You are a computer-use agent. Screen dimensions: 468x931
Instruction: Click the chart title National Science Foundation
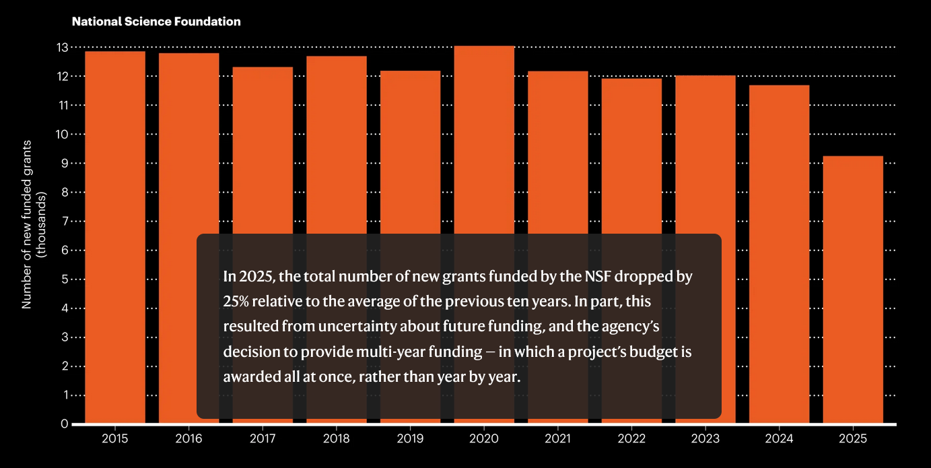point(156,22)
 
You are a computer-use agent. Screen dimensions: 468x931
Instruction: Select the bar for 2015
point(115,236)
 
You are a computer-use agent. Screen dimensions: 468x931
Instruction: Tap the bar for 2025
point(853,290)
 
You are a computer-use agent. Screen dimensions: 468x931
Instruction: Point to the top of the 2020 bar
point(484,46)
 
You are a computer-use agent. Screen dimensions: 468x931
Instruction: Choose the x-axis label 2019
point(410,439)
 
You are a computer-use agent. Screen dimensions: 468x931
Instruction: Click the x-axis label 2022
point(631,439)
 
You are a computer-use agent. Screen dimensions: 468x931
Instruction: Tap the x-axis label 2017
point(263,439)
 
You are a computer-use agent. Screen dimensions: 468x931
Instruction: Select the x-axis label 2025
point(853,439)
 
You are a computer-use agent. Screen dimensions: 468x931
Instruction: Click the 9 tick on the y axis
point(65,163)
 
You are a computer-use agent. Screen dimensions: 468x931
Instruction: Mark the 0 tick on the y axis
point(65,424)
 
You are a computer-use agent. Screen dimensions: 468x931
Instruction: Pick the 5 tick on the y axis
point(65,279)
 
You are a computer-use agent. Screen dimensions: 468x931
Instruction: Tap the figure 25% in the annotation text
point(235,302)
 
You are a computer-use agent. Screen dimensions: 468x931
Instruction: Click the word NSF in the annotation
point(618,277)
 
